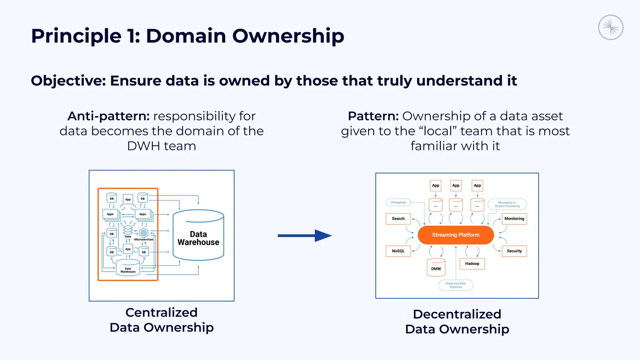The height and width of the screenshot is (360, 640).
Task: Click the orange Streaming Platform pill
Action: click(x=455, y=235)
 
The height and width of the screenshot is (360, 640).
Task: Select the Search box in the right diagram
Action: click(x=398, y=219)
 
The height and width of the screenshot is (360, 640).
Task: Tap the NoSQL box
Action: click(x=398, y=251)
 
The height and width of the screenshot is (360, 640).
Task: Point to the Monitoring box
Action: click(x=514, y=219)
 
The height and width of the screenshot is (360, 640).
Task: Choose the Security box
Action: click(x=514, y=251)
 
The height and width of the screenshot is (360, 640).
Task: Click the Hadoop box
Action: click(x=472, y=263)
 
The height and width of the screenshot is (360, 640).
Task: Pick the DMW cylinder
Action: click(x=436, y=268)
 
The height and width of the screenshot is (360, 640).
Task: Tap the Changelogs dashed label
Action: click(x=398, y=202)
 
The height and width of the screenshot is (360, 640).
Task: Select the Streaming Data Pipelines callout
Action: click(x=456, y=285)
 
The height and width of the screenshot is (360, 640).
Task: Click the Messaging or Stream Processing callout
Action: click(x=507, y=204)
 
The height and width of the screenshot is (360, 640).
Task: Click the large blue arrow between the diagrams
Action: click(x=304, y=236)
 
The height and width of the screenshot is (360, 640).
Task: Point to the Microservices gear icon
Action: click(x=144, y=233)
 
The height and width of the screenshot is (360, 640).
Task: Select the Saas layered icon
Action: click(x=128, y=230)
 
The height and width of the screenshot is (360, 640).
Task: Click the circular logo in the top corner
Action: click(x=610, y=27)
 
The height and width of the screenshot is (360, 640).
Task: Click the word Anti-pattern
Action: click(x=108, y=116)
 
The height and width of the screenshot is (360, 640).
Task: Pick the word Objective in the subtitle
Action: click(x=68, y=81)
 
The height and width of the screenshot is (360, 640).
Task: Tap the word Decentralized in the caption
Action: click(x=457, y=314)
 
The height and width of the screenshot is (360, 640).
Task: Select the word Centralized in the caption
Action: click(x=161, y=312)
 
